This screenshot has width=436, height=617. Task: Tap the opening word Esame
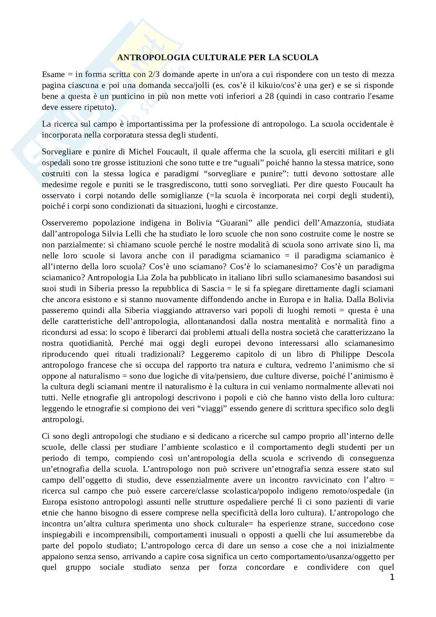53,74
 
